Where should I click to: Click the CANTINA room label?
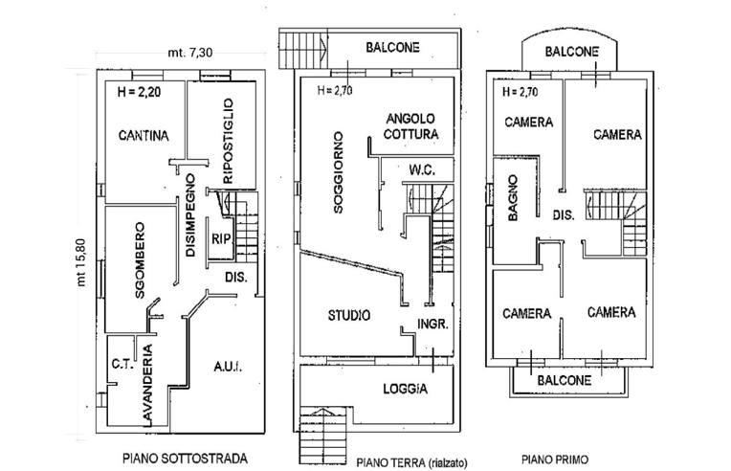tap(144, 136)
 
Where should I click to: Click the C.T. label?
tap(120, 364)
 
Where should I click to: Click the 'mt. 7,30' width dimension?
tap(188, 52)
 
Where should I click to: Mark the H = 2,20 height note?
tap(139, 94)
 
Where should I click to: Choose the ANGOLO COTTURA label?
tap(411, 126)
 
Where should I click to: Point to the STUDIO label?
tap(348, 315)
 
